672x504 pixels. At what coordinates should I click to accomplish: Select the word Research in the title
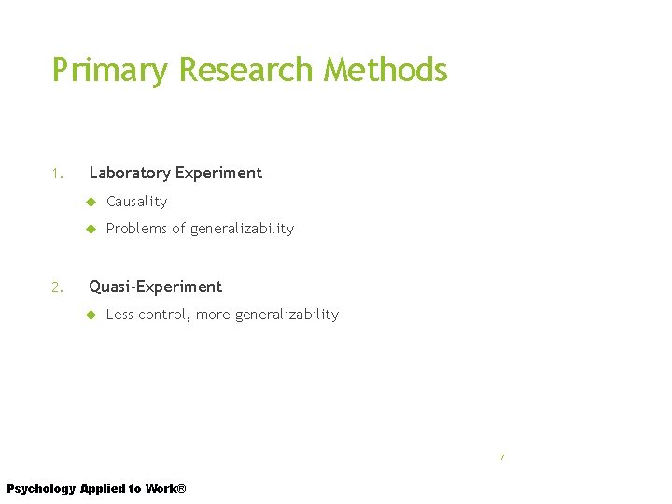click(245, 70)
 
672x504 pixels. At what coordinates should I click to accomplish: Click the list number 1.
click(57, 174)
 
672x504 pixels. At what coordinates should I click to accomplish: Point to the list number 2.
click(57, 287)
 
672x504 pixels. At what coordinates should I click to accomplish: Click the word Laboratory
click(131, 174)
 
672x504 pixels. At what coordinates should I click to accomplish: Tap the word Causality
click(136, 202)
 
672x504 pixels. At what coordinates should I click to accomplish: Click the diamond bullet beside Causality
click(91, 202)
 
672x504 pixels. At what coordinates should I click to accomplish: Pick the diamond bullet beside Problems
click(91, 229)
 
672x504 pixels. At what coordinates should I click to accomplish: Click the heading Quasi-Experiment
click(155, 287)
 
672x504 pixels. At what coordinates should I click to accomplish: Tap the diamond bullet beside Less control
click(91, 315)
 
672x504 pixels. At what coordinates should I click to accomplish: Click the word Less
click(120, 315)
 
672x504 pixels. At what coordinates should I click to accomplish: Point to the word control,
click(165, 315)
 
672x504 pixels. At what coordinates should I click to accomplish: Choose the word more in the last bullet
click(213, 315)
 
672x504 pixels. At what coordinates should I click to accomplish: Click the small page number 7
click(501, 457)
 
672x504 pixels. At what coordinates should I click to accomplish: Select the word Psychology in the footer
click(41, 489)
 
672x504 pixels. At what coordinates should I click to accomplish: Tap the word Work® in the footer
click(166, 489)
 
